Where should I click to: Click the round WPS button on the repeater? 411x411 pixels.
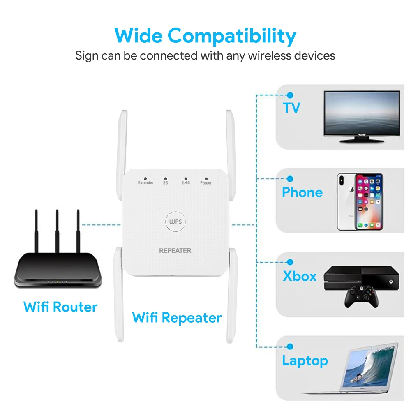coord(175,222)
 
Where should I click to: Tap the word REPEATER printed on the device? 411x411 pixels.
coord(175,250)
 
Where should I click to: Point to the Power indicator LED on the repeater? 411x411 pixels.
coord(206,178)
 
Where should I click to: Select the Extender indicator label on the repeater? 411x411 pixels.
coord(145,182)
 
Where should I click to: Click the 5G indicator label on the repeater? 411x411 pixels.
coord(166,182)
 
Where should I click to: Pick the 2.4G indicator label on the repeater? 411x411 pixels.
coord(186,182)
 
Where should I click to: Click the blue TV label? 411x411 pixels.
coord(291,108)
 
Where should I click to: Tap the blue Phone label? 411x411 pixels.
coord(302,192)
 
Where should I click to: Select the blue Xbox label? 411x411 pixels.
coord(300,276)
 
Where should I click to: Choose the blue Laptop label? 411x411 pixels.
coord(305,361)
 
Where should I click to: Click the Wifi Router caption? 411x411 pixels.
coord(60,307)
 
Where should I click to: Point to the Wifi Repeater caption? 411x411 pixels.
coord(177,317)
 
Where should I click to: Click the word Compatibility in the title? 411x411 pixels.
coord(232,36)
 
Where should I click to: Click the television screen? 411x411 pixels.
coord(362,113)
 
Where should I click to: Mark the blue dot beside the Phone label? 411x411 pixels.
coord(290,179)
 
